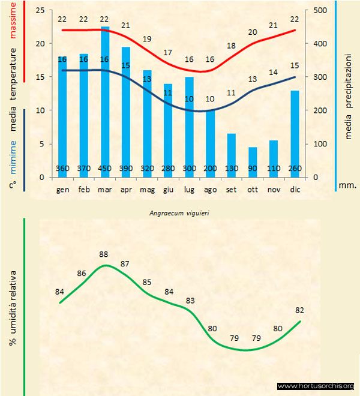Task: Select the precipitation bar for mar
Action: (x=105, y=102)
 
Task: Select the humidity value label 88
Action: (x=104, y=254)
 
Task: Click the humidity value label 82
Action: (x=300, y=310)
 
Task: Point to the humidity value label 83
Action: (x=190, y=301)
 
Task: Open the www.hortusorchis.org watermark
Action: (x=316, y=386)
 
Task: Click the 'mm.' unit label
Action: (x=348, y=185)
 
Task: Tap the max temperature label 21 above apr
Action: (x=126, y=25)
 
